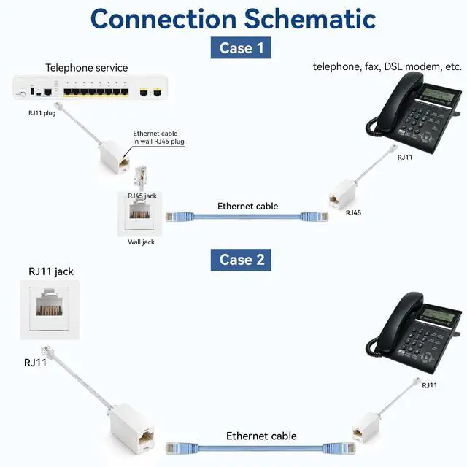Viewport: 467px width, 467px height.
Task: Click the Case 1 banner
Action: point(241,47)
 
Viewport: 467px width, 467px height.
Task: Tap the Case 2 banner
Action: point(241,260)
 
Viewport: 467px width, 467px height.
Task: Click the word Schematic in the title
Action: point(309,19)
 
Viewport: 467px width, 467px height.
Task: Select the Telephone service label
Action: point(87,68)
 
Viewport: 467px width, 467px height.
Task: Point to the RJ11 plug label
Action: point(42,113)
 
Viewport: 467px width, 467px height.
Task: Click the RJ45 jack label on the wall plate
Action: point(142,196)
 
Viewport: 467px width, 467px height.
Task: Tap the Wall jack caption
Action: point(141,242)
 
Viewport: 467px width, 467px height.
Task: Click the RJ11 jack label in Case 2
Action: point(51,271)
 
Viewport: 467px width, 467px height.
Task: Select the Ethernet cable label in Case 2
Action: point(261,436)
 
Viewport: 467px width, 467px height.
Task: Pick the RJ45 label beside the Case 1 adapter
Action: point(353,212)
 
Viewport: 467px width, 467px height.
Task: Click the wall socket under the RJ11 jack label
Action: point(50,309)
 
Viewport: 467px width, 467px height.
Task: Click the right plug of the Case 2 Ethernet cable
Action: point(339,447)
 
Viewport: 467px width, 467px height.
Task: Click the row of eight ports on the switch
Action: point(96,91)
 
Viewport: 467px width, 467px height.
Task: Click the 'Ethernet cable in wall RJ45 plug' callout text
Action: point(158,137)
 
